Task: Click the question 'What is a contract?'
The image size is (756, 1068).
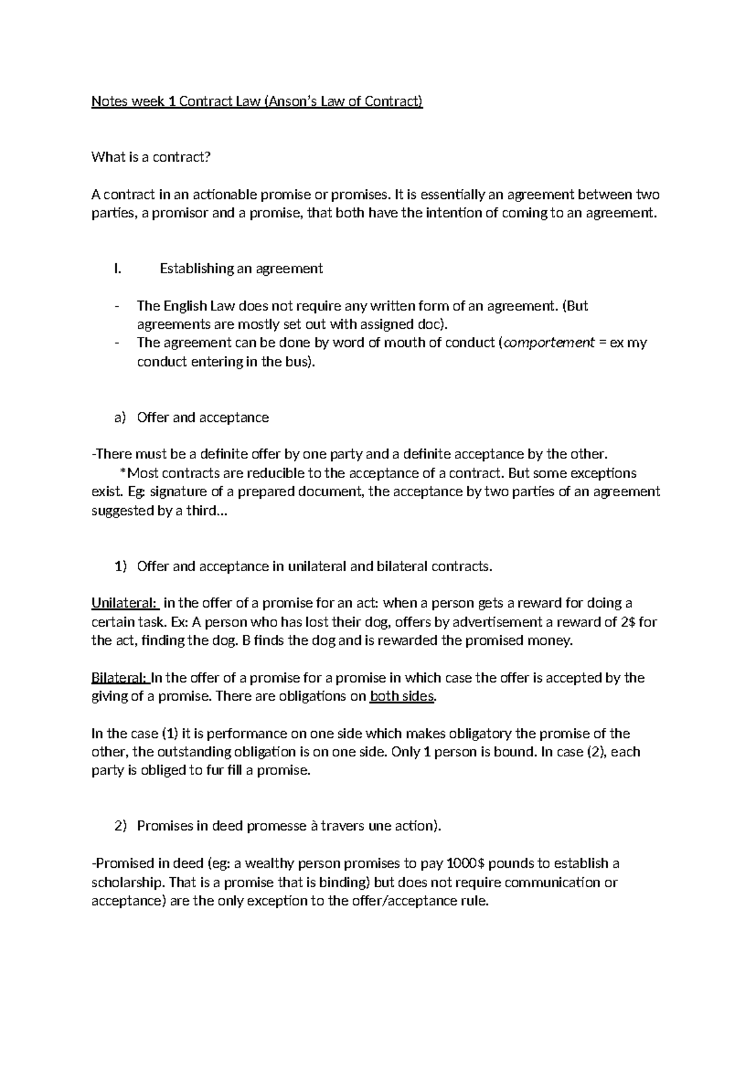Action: click(x=150, y=157)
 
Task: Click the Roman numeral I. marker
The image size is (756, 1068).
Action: click(x=116, y=269)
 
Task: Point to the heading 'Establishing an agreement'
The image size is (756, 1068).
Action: click(x=241, y=269)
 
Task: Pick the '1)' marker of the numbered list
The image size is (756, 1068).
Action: click(x=120, y=566)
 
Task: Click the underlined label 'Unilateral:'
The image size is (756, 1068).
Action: click(x=125, y=603)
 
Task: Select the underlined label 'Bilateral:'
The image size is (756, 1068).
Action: click(x=120, y=678)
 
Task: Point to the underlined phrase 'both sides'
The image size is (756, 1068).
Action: click(x=402, y=696)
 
